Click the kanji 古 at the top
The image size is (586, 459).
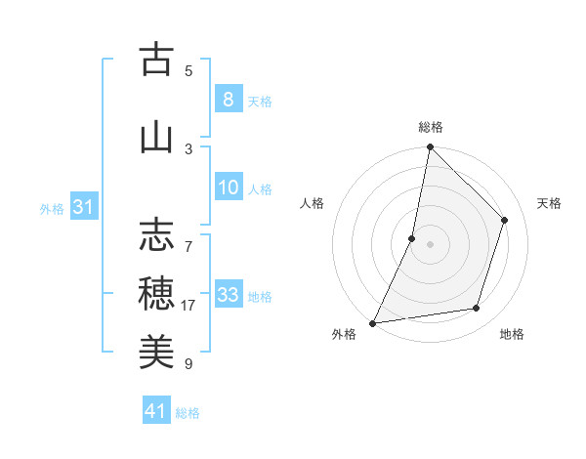pos(156,61)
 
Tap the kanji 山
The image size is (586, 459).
pos(156,138)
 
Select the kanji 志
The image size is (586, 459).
pos(156,234)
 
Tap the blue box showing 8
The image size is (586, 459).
pos(228,100)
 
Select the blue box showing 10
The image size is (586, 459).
pos(228,188)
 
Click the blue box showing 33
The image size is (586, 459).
pos(228,295)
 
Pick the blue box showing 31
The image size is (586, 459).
pos(82,208)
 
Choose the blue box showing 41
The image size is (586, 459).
pos(156,411)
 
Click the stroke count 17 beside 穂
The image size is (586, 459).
pos(188,306)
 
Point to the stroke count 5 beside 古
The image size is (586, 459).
pos(188,70)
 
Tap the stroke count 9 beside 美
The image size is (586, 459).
pos(188,364)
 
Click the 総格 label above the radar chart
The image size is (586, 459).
pos(431,127)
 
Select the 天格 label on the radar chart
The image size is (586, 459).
pos(549,203)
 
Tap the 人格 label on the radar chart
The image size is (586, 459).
pos(312,203)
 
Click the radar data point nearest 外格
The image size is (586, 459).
pos(372,322)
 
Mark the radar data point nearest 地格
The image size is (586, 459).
pos(477,309)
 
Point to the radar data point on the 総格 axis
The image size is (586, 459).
pos(430,146)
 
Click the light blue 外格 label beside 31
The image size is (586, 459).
pos(52,209)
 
